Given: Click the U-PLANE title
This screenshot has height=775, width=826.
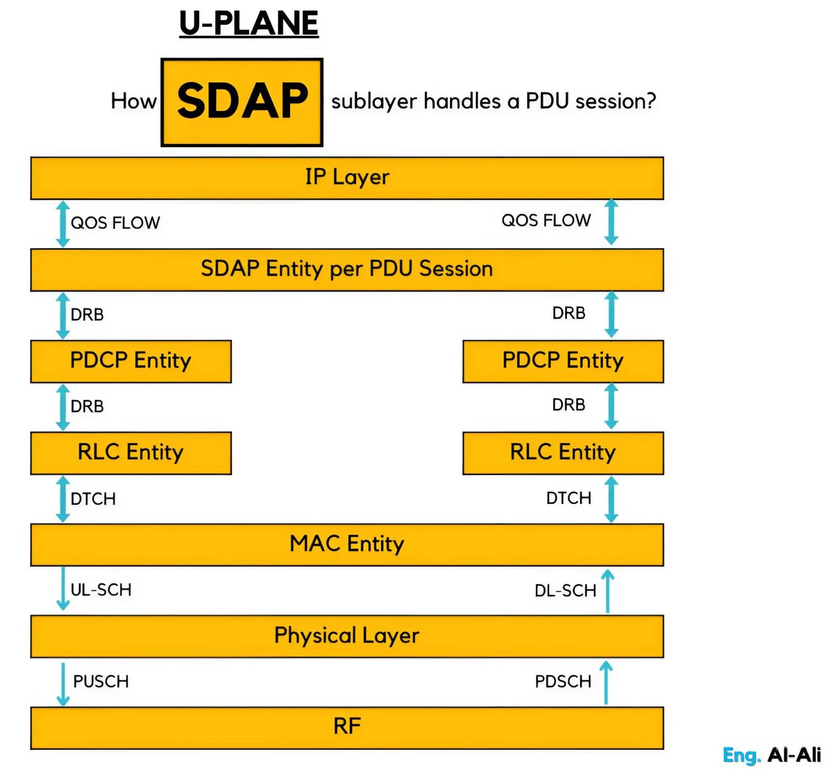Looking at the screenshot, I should [x=249, y=23].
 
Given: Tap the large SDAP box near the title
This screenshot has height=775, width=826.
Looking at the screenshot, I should [x=242, y=102].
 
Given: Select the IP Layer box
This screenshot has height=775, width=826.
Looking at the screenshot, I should [x=347, y=178].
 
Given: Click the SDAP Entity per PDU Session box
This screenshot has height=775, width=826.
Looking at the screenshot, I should [x=347, y=270].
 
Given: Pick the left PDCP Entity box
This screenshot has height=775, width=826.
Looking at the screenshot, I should [x=131, y=361].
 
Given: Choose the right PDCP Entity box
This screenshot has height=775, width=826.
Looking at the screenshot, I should [x=563, y=361].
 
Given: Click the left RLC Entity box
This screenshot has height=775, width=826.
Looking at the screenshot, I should [x=131, y=453].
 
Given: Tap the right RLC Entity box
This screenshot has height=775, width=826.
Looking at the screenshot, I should [x=563, y=453].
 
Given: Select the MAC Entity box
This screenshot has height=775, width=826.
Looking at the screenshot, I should [x=347, y=544].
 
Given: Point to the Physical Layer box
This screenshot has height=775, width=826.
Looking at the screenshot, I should [x=347, y=636].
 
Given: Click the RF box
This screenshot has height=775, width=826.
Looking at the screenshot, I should [x=347, y=727].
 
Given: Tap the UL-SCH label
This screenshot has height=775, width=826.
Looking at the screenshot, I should [x=101, y=590].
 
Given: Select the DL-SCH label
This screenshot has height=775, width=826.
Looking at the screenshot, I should [x=565, y=591].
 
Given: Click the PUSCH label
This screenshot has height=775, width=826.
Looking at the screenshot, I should [x=101, y=682].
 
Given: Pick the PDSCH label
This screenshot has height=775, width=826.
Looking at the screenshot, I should [x=563, y=682].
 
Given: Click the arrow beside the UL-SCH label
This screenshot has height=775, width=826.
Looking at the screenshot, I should [x=63, y=589].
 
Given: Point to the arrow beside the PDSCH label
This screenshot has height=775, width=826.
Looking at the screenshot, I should [x=607, y=683].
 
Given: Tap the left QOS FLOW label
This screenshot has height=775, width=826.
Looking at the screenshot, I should [x=116, y=223].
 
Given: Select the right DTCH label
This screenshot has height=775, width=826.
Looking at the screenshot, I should [x=569, y=498].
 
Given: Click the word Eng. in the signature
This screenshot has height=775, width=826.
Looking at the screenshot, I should [x=741, y=755].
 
